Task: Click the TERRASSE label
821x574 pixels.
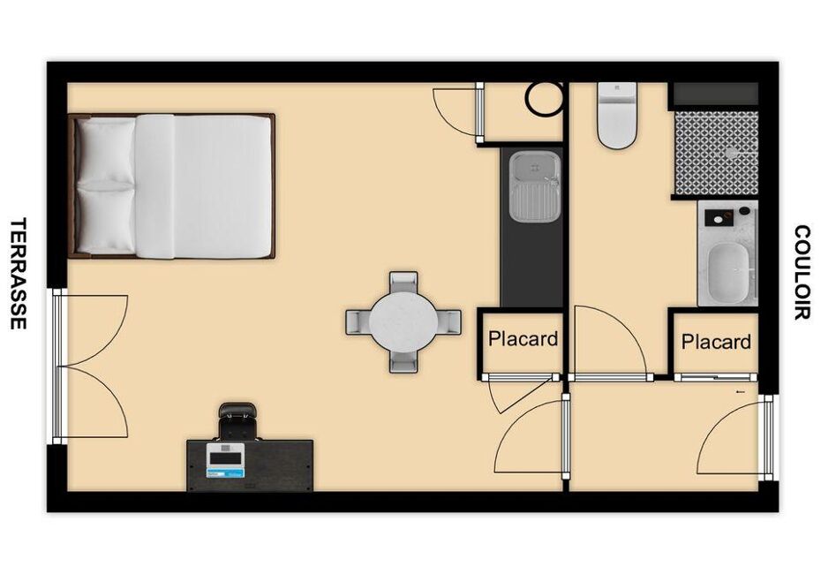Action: [x=18, y=274]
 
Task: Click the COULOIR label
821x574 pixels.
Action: [x=802, y=272]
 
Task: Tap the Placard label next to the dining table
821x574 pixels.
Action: [x=523, y=339]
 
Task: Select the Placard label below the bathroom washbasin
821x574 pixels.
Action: [x=716, y=342]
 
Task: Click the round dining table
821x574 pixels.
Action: [x=403, y=321]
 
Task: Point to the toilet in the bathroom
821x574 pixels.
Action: [x=617, y=115]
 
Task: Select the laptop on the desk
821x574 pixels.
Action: [x=226, y=461]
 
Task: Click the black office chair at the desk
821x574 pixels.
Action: [x=237, y=420]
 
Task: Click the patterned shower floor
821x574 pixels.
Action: [x=716, y=154]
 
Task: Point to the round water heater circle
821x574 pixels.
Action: [x=545, y=98]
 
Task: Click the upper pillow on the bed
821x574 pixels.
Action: [x=105, y=151]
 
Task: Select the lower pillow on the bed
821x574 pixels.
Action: [x=105, y=220]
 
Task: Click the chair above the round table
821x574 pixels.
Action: [x=403, y=283]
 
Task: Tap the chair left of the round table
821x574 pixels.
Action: [x=358, y=321]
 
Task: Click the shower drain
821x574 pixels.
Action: [x=732, y=153]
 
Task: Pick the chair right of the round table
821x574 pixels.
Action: [x=449, y=321]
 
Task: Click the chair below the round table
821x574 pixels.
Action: [x=403, y=360]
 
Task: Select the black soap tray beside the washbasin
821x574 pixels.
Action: [x=718, y=218]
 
